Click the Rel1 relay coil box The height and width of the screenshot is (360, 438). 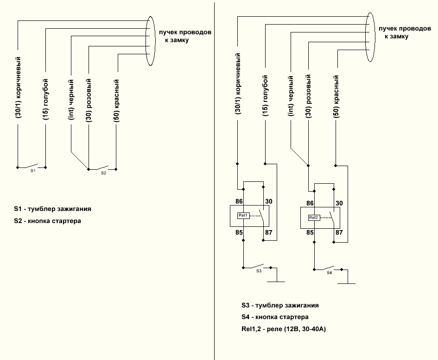(x=243, y=216)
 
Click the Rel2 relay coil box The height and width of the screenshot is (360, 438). (x=314, y=218)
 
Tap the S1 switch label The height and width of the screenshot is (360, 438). (x=33, y=171)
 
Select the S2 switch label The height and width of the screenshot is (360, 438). (x=103, y=173)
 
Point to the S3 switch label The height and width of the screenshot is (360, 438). (x=259, y=271)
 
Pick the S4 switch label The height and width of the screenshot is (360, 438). (x=330, y=273)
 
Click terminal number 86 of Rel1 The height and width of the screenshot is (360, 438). (x=239, y=201)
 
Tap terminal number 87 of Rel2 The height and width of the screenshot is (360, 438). (x=339, y=232)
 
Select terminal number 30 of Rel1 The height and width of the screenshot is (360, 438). (x=269, y=201)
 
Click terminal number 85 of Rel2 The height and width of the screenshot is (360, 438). (x=310, y=232)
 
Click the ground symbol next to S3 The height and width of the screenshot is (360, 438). (x=276, y=282)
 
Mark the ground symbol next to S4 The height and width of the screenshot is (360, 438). (x=347, y=283)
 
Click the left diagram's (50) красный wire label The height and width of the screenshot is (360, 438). (x=116, y=101)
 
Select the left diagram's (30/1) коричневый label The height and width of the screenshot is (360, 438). (x=18, y=87)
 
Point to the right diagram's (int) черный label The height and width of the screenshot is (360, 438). (x=291, y=96)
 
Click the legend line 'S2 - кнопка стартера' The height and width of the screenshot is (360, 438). (x=47, y=221)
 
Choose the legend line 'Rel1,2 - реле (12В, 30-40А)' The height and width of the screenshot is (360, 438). (x=284, y=329)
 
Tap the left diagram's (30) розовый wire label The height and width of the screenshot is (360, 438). (x=89, y=100)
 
